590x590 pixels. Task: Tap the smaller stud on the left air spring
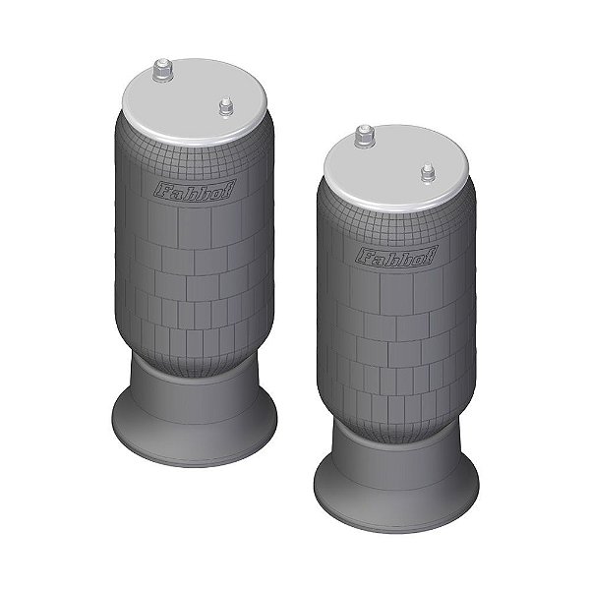225,105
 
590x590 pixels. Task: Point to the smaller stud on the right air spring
428,173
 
